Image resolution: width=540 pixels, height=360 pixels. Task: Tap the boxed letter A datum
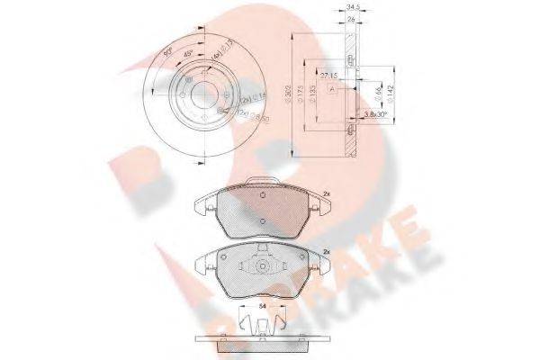(332, 89)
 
